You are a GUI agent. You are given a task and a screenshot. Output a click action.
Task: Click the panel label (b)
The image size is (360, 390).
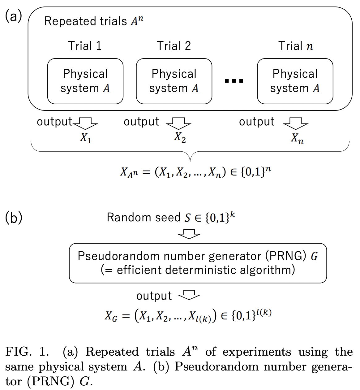[x=14, y=218]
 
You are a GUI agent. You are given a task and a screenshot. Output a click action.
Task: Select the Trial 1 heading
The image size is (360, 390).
[x=85, y=46]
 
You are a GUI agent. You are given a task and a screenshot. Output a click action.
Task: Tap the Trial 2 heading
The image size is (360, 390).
[x=174, y=46]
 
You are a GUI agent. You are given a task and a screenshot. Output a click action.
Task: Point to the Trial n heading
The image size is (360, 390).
[x=296, y=46]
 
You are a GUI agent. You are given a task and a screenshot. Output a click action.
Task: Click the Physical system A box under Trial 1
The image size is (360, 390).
[x=85, y=81]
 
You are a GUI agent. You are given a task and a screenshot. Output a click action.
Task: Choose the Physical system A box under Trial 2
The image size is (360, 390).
[x=174, y=81]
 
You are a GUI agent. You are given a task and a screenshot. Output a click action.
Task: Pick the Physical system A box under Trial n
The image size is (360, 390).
[x=295, y=81]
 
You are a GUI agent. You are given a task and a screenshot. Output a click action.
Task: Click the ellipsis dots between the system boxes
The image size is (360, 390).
[x=234, y=81]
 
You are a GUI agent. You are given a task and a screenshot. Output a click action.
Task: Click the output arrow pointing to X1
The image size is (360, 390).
[x=85, y=123]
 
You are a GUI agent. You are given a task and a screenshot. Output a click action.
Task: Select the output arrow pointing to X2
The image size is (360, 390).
[x=178, y=123]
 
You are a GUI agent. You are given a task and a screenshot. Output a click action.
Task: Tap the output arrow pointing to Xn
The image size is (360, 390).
[x=296, y=123]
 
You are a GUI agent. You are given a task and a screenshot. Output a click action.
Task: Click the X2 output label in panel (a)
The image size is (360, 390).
[x=180, y=137]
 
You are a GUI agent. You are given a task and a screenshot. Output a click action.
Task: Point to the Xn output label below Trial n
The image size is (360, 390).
[x=297, y=138]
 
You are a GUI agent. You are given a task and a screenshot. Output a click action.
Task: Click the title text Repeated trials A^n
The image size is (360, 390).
[x=94, y=21]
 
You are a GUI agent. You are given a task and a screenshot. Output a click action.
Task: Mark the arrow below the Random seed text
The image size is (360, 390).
[x=189, y=234]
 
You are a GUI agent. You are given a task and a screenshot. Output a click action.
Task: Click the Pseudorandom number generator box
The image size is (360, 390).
[x=198, y=263]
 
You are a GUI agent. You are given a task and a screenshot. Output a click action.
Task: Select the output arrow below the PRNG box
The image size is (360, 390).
[x=189, y=295]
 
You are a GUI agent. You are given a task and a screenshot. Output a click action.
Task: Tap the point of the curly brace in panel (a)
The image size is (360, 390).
[x=190, y=160]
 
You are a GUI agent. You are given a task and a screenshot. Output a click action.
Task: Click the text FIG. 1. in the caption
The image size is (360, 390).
[x=27, y=352]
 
